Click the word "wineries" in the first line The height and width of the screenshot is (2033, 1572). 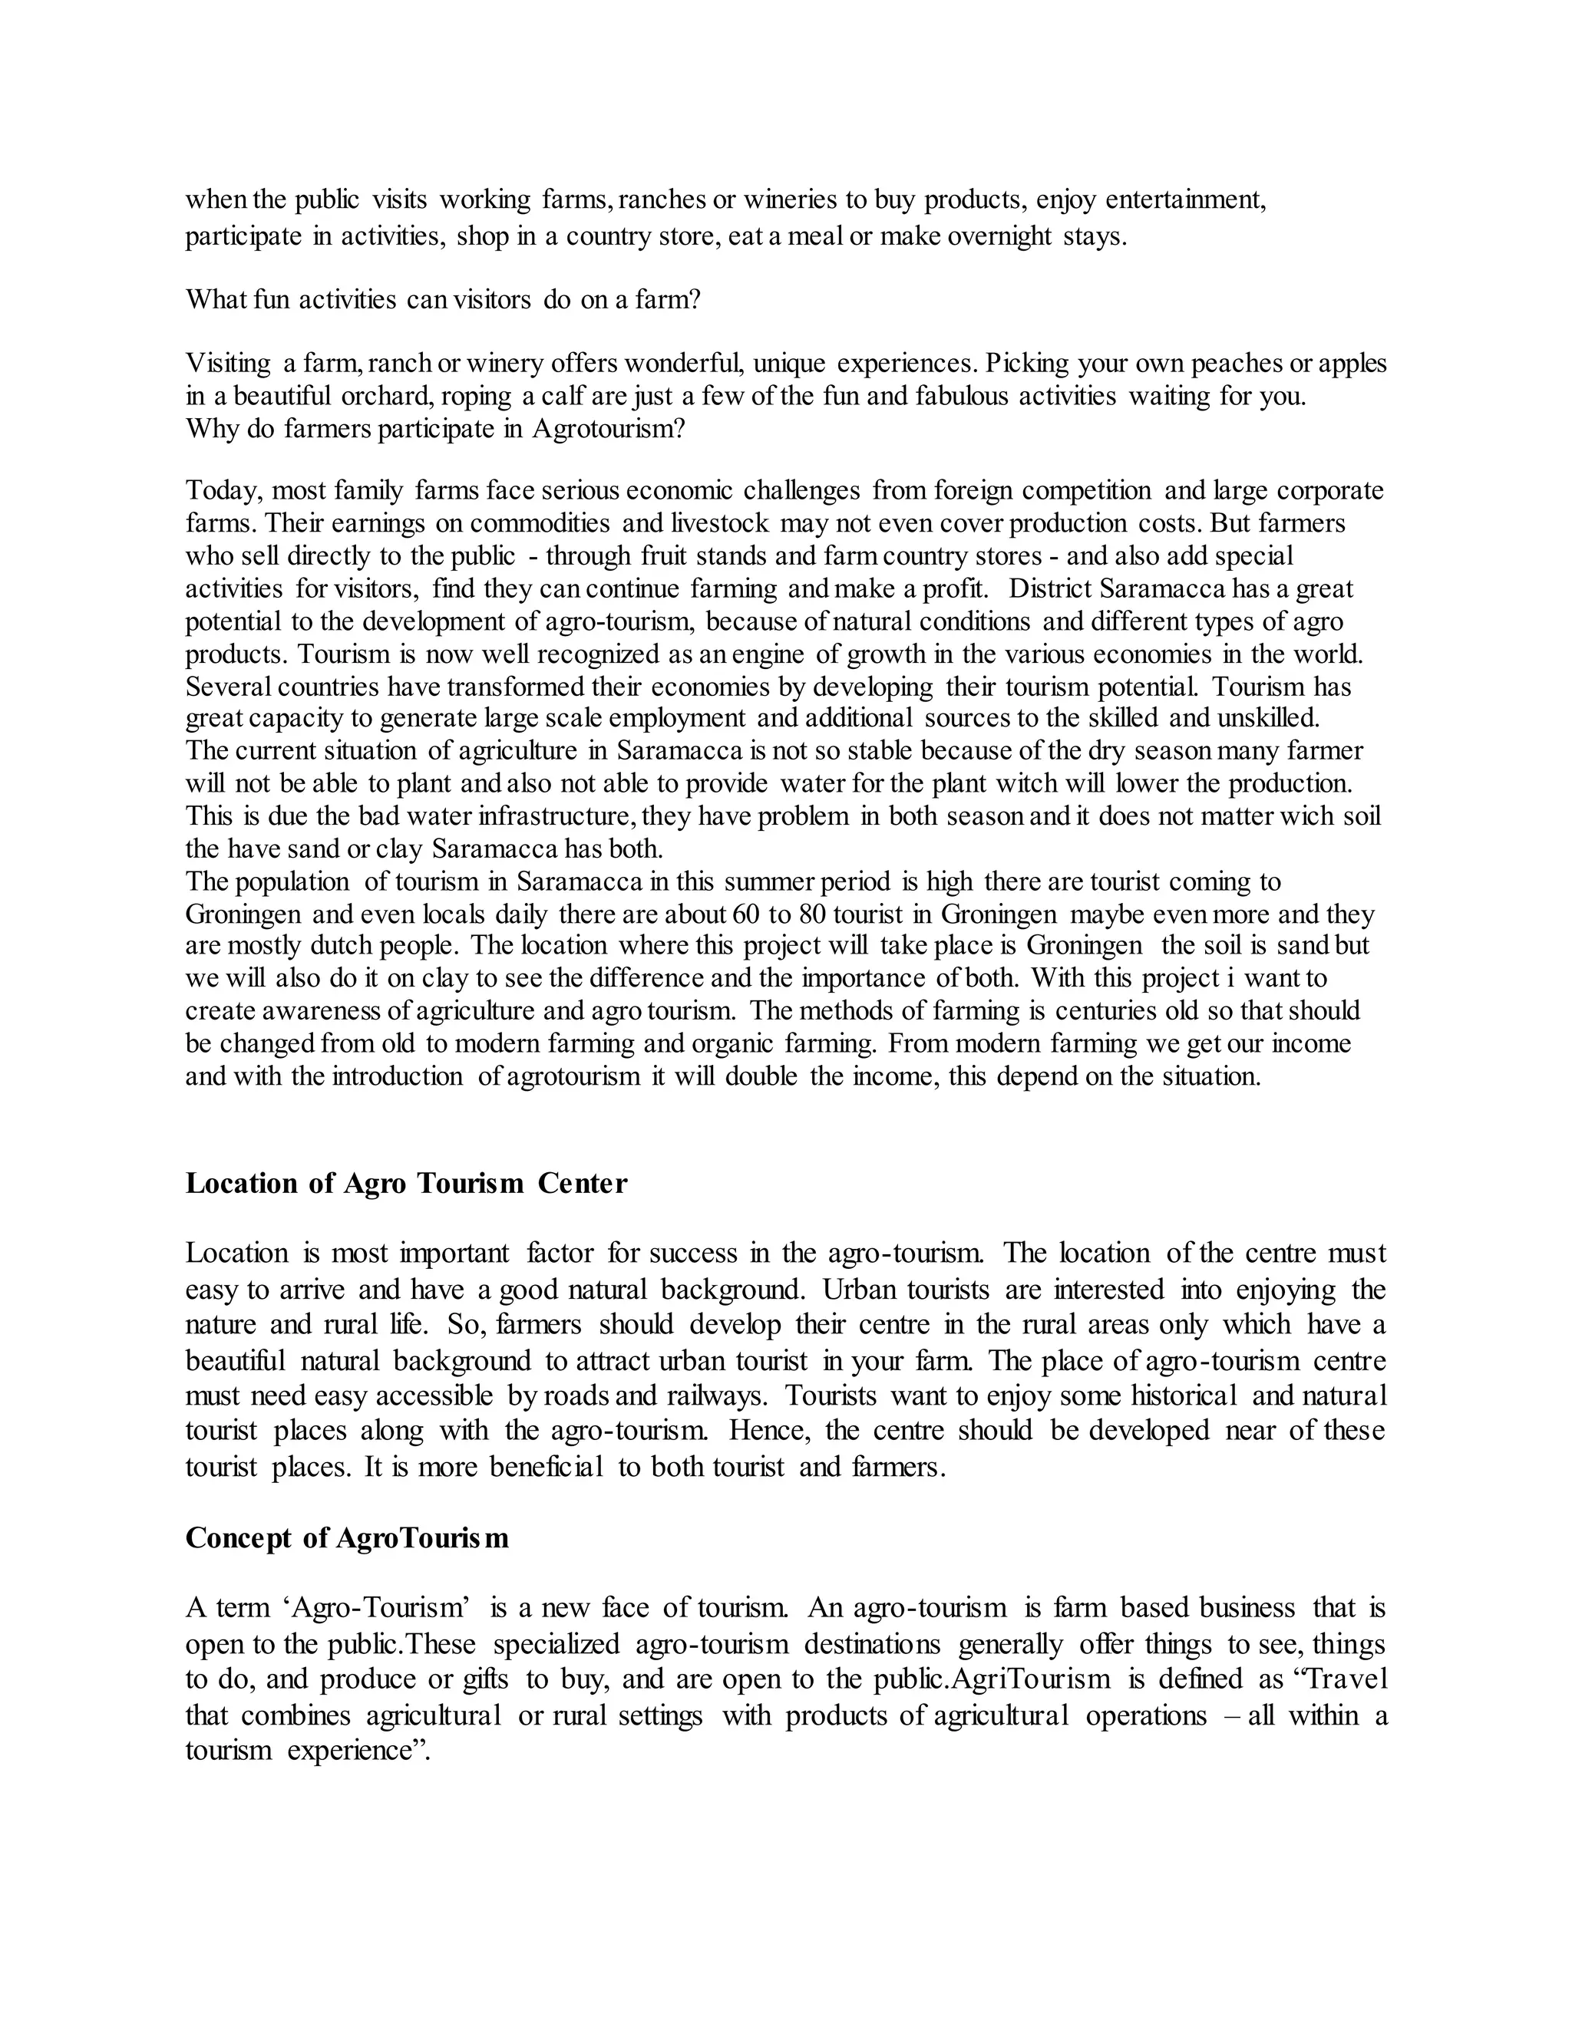click(791, 200)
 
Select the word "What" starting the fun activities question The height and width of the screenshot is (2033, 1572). click(210, 300)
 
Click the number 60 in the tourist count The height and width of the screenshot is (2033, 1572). click(747, 914)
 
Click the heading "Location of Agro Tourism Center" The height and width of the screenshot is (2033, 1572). click(406, 1183)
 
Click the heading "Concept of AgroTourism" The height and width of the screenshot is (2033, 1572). click(348, 1537)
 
